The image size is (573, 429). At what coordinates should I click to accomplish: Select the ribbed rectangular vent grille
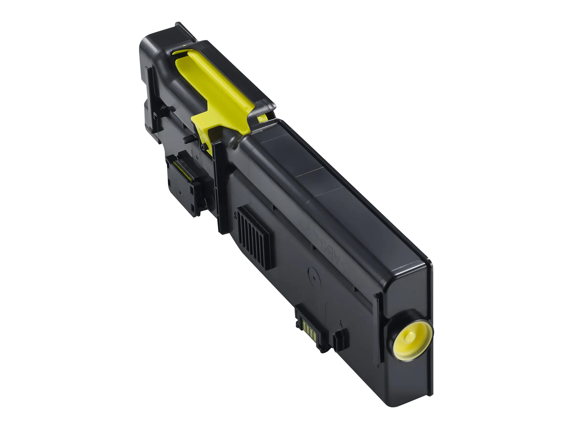tap(254, 238)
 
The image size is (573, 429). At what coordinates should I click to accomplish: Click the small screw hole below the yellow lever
tap(202, 147)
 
